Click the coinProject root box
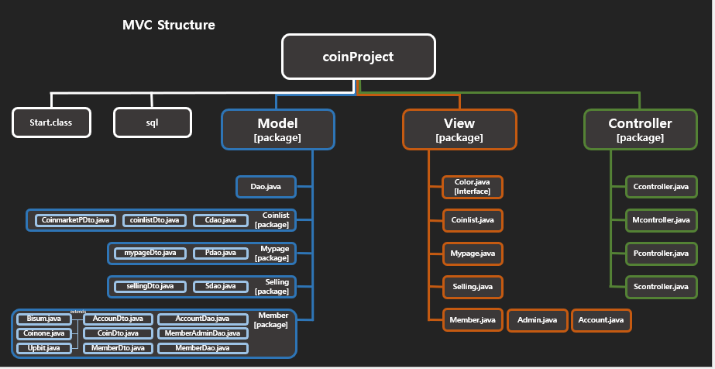click(x=358, y=57)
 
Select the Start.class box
click(x=52, y=122)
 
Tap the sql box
click(x=153, y=122)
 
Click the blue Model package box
click(x=277, y=129)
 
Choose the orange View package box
click(x=459, y=129)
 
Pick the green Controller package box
click(x=640, y=129)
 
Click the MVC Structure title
click(x=169, y=25)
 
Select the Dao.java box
click(x=265, y=187)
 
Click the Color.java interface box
click(x=473, y=187)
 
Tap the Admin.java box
click(x=537, y=320)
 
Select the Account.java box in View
click(x=601, y=320)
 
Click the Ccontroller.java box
click(x=661, y=187)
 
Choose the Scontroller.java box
click(x=661, y=287)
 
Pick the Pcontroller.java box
click(x=661, y=253)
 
